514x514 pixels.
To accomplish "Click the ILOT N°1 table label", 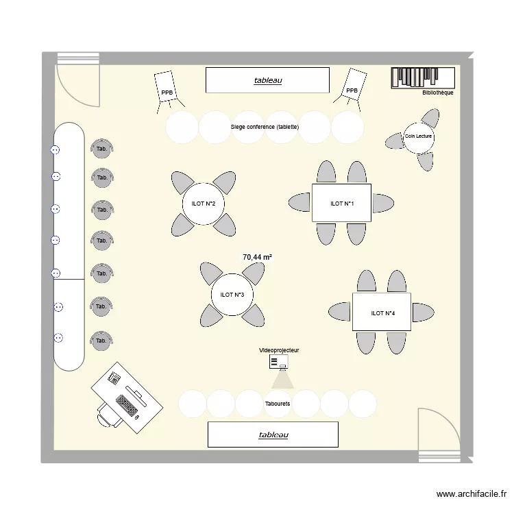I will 341,204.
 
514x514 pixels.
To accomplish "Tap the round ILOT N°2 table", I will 203,204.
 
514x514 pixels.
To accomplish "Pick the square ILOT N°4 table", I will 382,313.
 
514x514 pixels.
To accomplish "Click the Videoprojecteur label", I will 279,350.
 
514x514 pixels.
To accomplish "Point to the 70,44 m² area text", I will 257,257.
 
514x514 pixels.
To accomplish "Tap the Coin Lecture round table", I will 418,136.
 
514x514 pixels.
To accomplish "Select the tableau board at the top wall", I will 267,80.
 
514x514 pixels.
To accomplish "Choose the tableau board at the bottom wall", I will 273,435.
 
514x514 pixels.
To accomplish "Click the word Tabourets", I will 277,404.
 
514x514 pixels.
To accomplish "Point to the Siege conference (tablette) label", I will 265,127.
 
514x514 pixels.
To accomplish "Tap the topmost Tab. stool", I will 102,149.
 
